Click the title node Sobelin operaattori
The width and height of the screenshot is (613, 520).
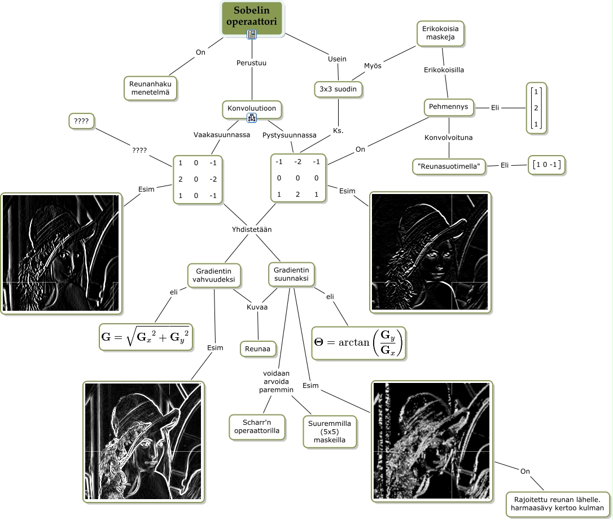click(252, 17)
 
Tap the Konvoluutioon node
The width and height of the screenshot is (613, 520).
click(251, 108)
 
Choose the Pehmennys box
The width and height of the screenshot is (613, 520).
click(449, 107)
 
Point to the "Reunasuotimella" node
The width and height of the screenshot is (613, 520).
click(449, 166)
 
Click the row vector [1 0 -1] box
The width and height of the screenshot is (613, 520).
click(546, 165)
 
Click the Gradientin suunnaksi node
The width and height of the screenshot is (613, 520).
click(291, 274)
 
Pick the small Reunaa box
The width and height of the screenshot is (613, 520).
click(257, 349)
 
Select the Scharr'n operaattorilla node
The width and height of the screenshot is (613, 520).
click(257, 426)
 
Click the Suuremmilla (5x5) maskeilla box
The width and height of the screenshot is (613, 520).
click(331, 431)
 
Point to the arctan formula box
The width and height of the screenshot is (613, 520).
click(360, 342)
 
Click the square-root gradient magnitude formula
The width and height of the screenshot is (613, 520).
click(145, 337)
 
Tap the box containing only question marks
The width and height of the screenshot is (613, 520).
click(82, 120)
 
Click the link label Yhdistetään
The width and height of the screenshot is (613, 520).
click(252, 230)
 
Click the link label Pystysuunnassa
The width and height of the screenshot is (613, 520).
click(290, 135)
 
